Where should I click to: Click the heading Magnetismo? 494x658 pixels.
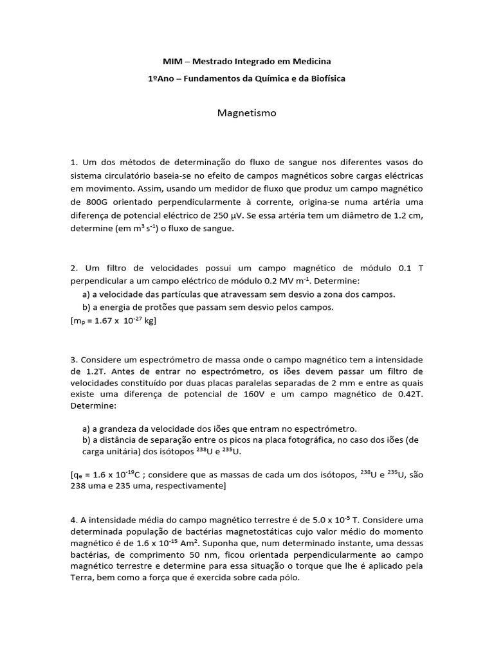point(247,113)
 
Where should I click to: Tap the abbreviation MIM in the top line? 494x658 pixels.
point(172,62)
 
